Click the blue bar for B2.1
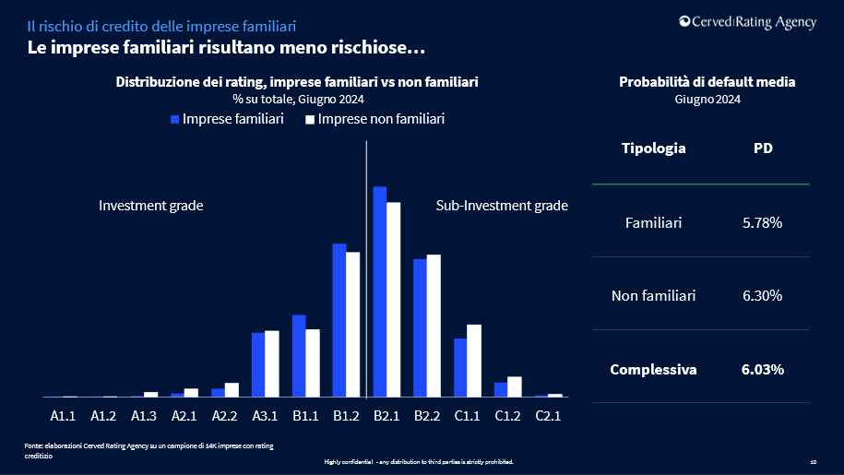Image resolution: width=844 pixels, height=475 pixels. tap(379, 291)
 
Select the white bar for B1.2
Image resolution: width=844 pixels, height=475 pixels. tap(352, 324)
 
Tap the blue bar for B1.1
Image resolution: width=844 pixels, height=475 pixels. tap(299, 355)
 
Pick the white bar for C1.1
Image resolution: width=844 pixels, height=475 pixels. tap(474, 361)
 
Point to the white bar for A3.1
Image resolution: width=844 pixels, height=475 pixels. tap(272, 363)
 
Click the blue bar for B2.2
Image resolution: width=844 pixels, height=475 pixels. tap(420, 327)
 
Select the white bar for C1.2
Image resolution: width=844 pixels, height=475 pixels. tap(515, 386)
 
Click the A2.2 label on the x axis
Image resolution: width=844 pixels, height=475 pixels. tap(225, 416)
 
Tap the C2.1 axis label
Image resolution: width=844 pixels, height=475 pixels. tap(548, 416)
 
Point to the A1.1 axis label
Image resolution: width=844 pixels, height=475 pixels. tap(63, 416)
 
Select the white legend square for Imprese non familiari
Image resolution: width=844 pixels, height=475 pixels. tap(311, 120)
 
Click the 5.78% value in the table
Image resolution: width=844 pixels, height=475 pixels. tap(763, 222)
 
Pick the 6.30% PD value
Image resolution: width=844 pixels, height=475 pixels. tap(763, 296)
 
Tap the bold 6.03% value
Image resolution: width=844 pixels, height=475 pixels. tap(763, 370)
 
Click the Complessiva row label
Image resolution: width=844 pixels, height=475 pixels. tap(653, 370)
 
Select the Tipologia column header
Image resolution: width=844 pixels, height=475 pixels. tap(653, 148)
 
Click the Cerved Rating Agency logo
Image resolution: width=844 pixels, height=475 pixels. tap(747, 23)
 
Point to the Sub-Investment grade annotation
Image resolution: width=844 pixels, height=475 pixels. tap(502, 206)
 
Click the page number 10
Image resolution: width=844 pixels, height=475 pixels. tap(813, 461)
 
